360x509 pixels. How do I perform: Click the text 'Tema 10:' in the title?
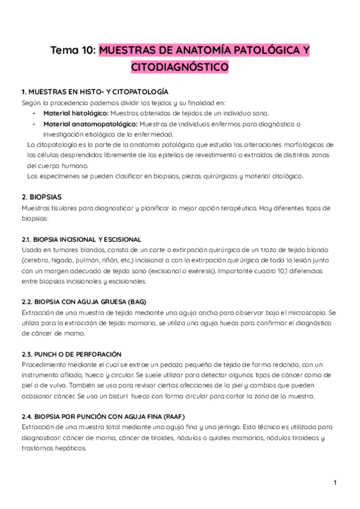pyautogui.click(x=73, y=51)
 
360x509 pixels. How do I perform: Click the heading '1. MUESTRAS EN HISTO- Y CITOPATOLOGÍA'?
pyautogui.click(x=95, y=92)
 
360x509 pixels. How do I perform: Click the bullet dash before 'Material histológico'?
pyautogui.click(x=34, y=113)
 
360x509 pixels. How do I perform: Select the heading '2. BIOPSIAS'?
pyautogui.click(x=41, y=197)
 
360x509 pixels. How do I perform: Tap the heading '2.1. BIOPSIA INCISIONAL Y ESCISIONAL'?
pyautogui.click(x=81, y=239)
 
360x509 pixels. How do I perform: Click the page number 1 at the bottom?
pyautogui.click(x=335, y=483)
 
